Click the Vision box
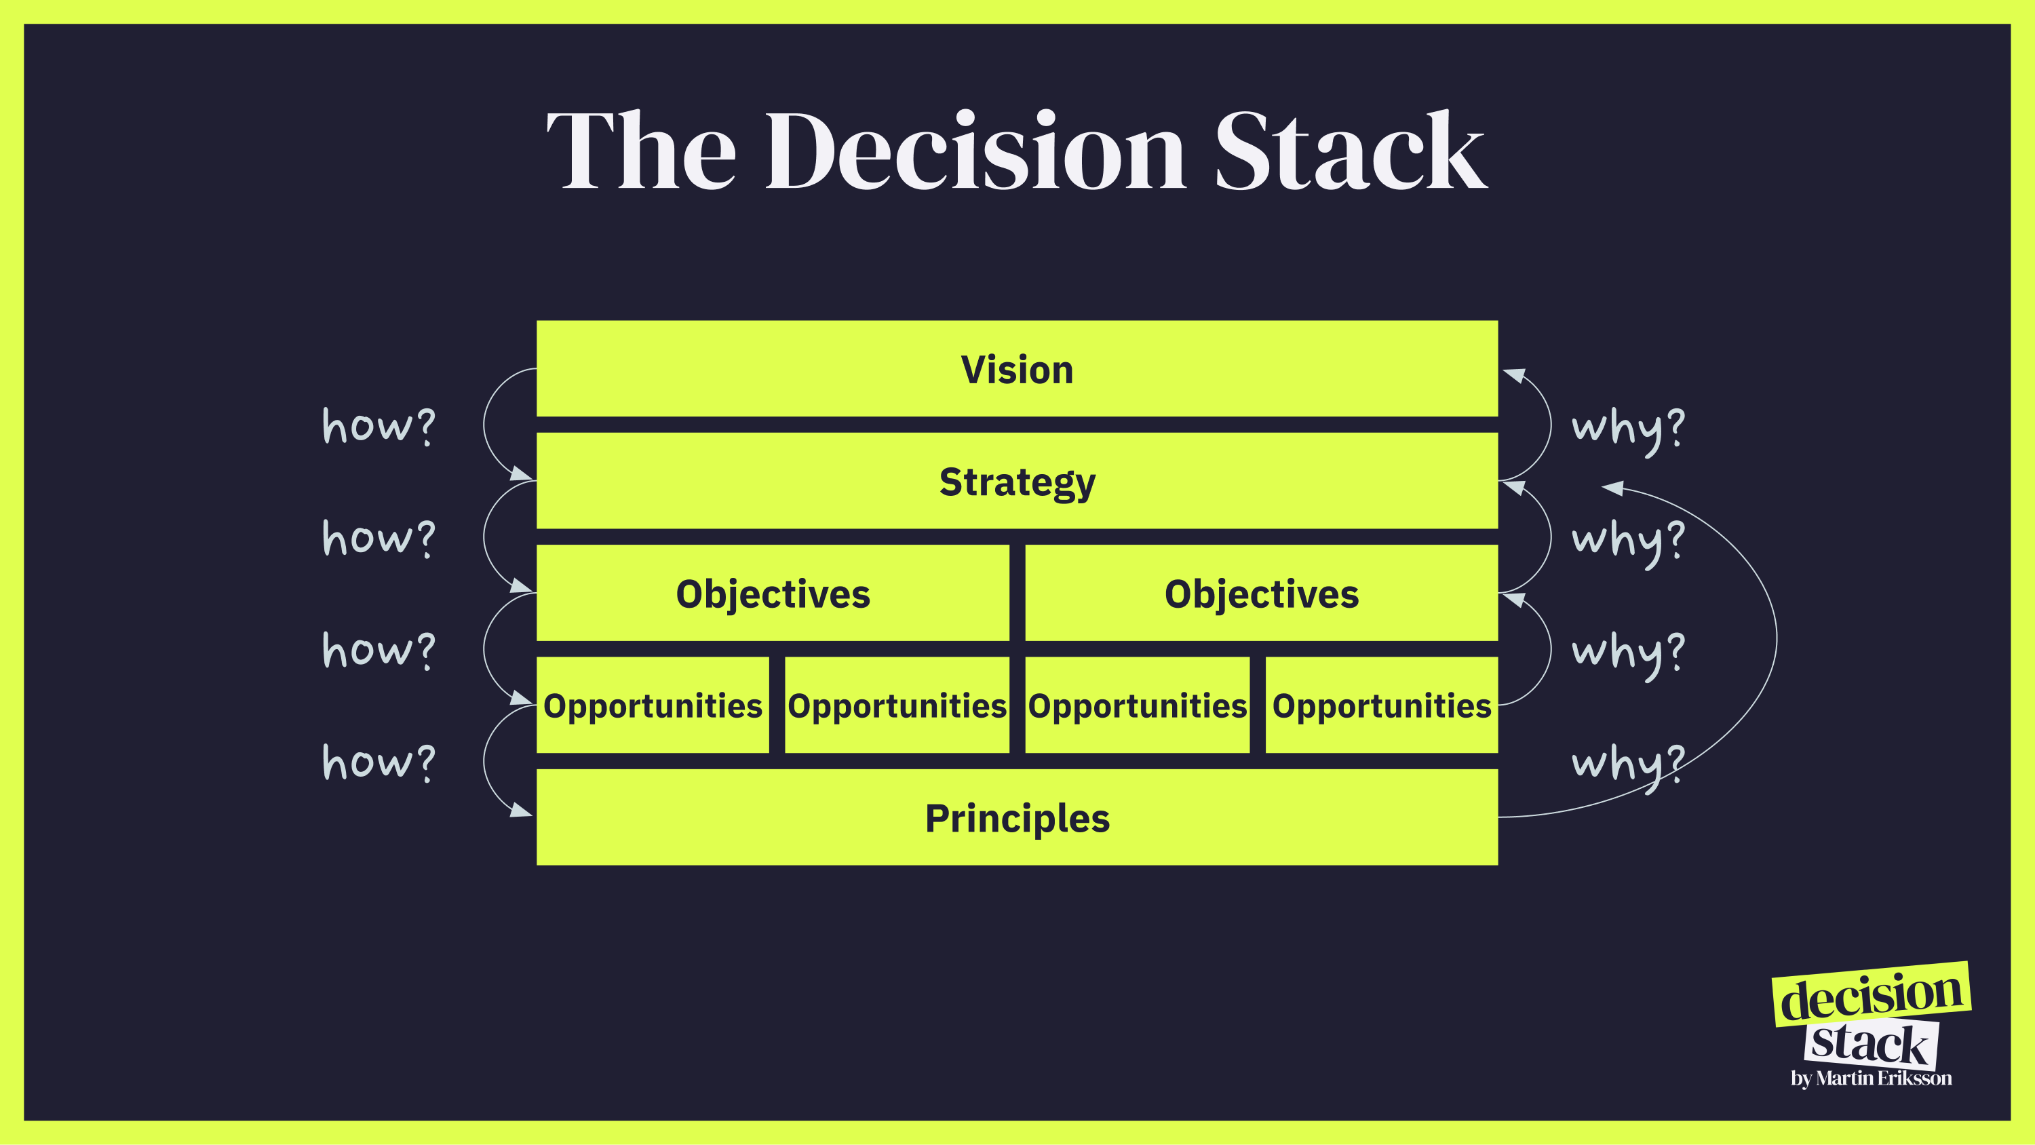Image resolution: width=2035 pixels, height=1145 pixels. click(1017, 368)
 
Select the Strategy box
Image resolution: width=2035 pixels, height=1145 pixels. click(1017, 480)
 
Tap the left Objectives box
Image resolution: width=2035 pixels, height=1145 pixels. click(773, 593)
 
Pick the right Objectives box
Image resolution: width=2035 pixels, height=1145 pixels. click(1261, 593)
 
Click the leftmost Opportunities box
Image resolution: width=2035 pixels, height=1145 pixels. click(653, 705)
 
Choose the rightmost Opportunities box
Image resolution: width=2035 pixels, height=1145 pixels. click(1381, 705)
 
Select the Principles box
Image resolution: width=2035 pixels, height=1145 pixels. click(1017, 817)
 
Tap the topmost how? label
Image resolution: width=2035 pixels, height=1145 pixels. click(379, 427)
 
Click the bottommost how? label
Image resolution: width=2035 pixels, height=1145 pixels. click(379, 762)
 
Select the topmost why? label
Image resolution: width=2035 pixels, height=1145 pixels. click(1628, 428)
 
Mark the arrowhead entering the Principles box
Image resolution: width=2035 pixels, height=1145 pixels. click(522, 809)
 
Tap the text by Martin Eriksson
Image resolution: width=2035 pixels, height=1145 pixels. click(1871, 1078)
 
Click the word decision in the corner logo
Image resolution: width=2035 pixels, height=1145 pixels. click(1871, 996)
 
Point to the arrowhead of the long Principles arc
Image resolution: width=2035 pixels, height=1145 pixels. click(1613, 488)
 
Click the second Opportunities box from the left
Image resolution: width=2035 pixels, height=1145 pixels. click(897, 705)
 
